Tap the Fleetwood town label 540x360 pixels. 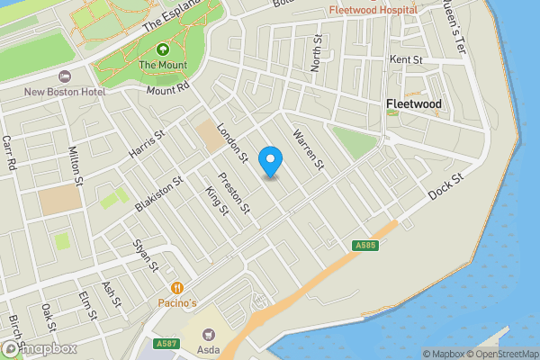(413, 104)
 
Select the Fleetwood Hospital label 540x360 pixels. (373, 9)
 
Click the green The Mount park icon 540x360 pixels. (162, 49)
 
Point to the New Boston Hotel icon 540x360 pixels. (64, 76)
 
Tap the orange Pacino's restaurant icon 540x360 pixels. (177, 288)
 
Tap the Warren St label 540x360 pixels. (307, 147)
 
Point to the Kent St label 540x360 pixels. (406, 59)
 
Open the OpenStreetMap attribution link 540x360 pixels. (503, 354)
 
